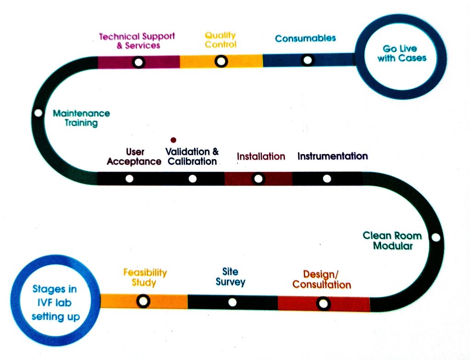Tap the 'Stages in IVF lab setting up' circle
[x=55, y=303]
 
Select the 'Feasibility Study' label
[x=145, y=277]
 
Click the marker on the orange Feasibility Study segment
[x=143, y=301]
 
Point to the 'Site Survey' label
[x=230, y=277]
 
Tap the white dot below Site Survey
[x=232, y=302]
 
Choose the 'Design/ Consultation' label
[x=321, y=279]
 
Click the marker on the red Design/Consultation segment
[x=324, y=304]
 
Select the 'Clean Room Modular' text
[x=392, y=240]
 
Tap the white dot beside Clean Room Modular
[x=436, y=238]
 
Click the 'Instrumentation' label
[x=332, y=156]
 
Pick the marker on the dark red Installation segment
[x=258, y=178]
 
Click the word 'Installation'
[x=261, y=156]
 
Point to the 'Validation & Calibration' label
[x=192, y=156]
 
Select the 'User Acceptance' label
[x=134, y=156]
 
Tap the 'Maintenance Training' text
[x=81, y=118]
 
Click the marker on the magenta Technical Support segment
[x=138, y=62]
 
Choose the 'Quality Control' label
[x=220, y=40]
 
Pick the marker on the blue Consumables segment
[x=308, y=60]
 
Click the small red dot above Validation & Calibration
[x=173, y=139]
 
